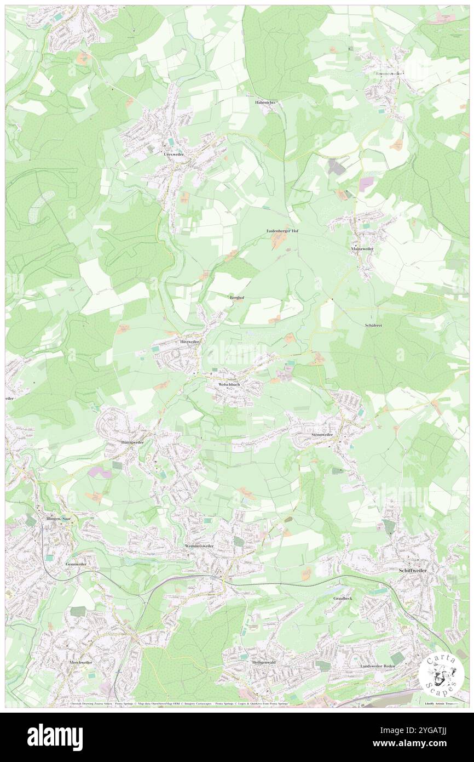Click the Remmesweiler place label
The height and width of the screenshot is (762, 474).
coord(389,73)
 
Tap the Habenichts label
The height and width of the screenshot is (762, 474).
coord(268,103)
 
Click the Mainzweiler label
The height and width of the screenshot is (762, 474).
coord(362,248)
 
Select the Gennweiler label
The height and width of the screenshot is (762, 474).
coord(76,564)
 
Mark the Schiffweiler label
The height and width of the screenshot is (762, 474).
coord(412,570)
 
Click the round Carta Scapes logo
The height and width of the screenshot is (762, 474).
coord(441,672)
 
